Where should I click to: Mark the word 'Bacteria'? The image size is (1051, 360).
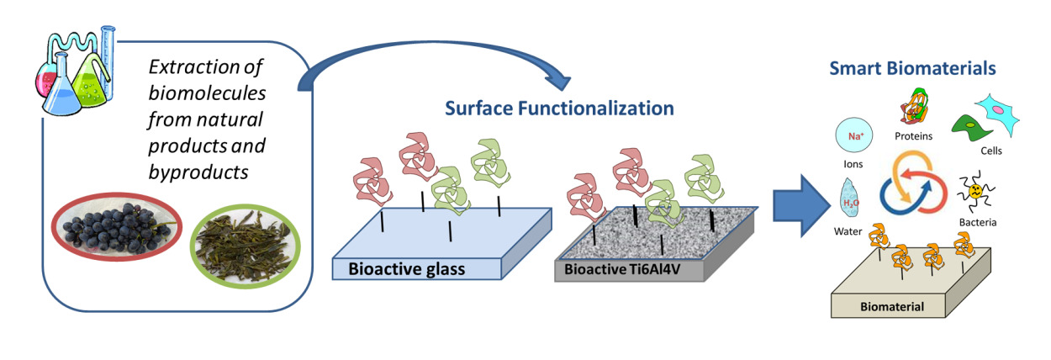pyautogui.click(x=978, y=222)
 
